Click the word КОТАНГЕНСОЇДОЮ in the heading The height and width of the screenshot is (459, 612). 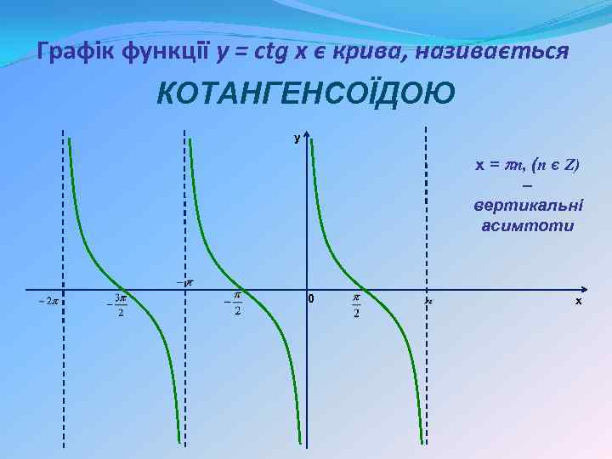pos(305,93)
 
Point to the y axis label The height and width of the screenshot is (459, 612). pos(297,138)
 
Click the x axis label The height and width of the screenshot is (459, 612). pos(578,301)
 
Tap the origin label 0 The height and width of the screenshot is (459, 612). pos(312,299)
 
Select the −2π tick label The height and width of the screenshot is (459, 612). pos(48,300)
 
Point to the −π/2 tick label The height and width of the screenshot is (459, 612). pos(234,303)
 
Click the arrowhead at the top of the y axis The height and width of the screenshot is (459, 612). pos(307,136)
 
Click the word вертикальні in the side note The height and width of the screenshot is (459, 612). pos(528,207)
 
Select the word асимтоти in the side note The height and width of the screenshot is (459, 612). pos(528,226)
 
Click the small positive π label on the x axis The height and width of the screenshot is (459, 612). pos(430,300)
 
